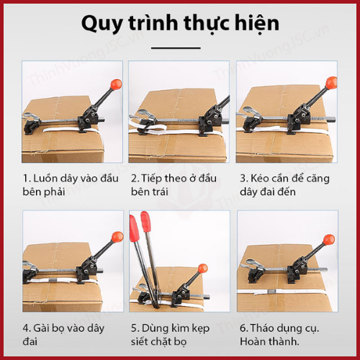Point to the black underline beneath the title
click(x=176, y=48)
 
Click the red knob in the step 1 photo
click(x=116, y=84)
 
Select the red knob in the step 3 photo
click(x=331, y=83)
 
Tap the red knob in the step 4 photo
click(x=117, y=237)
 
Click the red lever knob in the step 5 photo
click(x=203, y=269)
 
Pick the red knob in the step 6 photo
click(x=328, y=240)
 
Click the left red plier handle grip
click(x=134, y=228)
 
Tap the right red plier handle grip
click(x=145, y=221)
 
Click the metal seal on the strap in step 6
click(x=271, y=292)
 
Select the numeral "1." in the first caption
click(x=27, y=179)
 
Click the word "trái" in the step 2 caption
click(x=158, y=192)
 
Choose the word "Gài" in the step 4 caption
click(x=42, y=328)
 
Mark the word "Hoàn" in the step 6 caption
click(x=253, y=341)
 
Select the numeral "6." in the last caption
click(x=243, y=328)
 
